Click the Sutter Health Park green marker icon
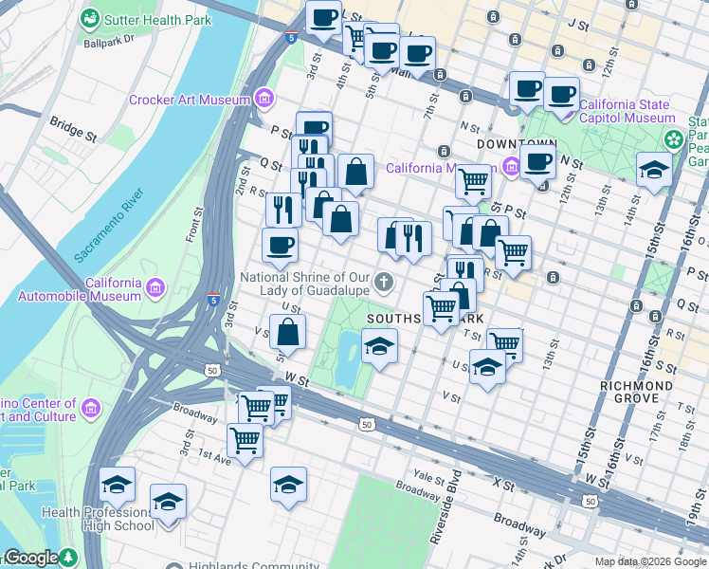tap(90, 18)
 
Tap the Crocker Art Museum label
tap(190, 99)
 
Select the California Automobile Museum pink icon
tap(155, 285)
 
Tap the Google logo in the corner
tap(31, 559)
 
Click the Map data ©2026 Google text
tap(649, 561)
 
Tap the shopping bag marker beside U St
tap(287, 332)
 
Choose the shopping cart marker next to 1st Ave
tap(245, 440)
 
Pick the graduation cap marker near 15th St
tap(653, 170)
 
